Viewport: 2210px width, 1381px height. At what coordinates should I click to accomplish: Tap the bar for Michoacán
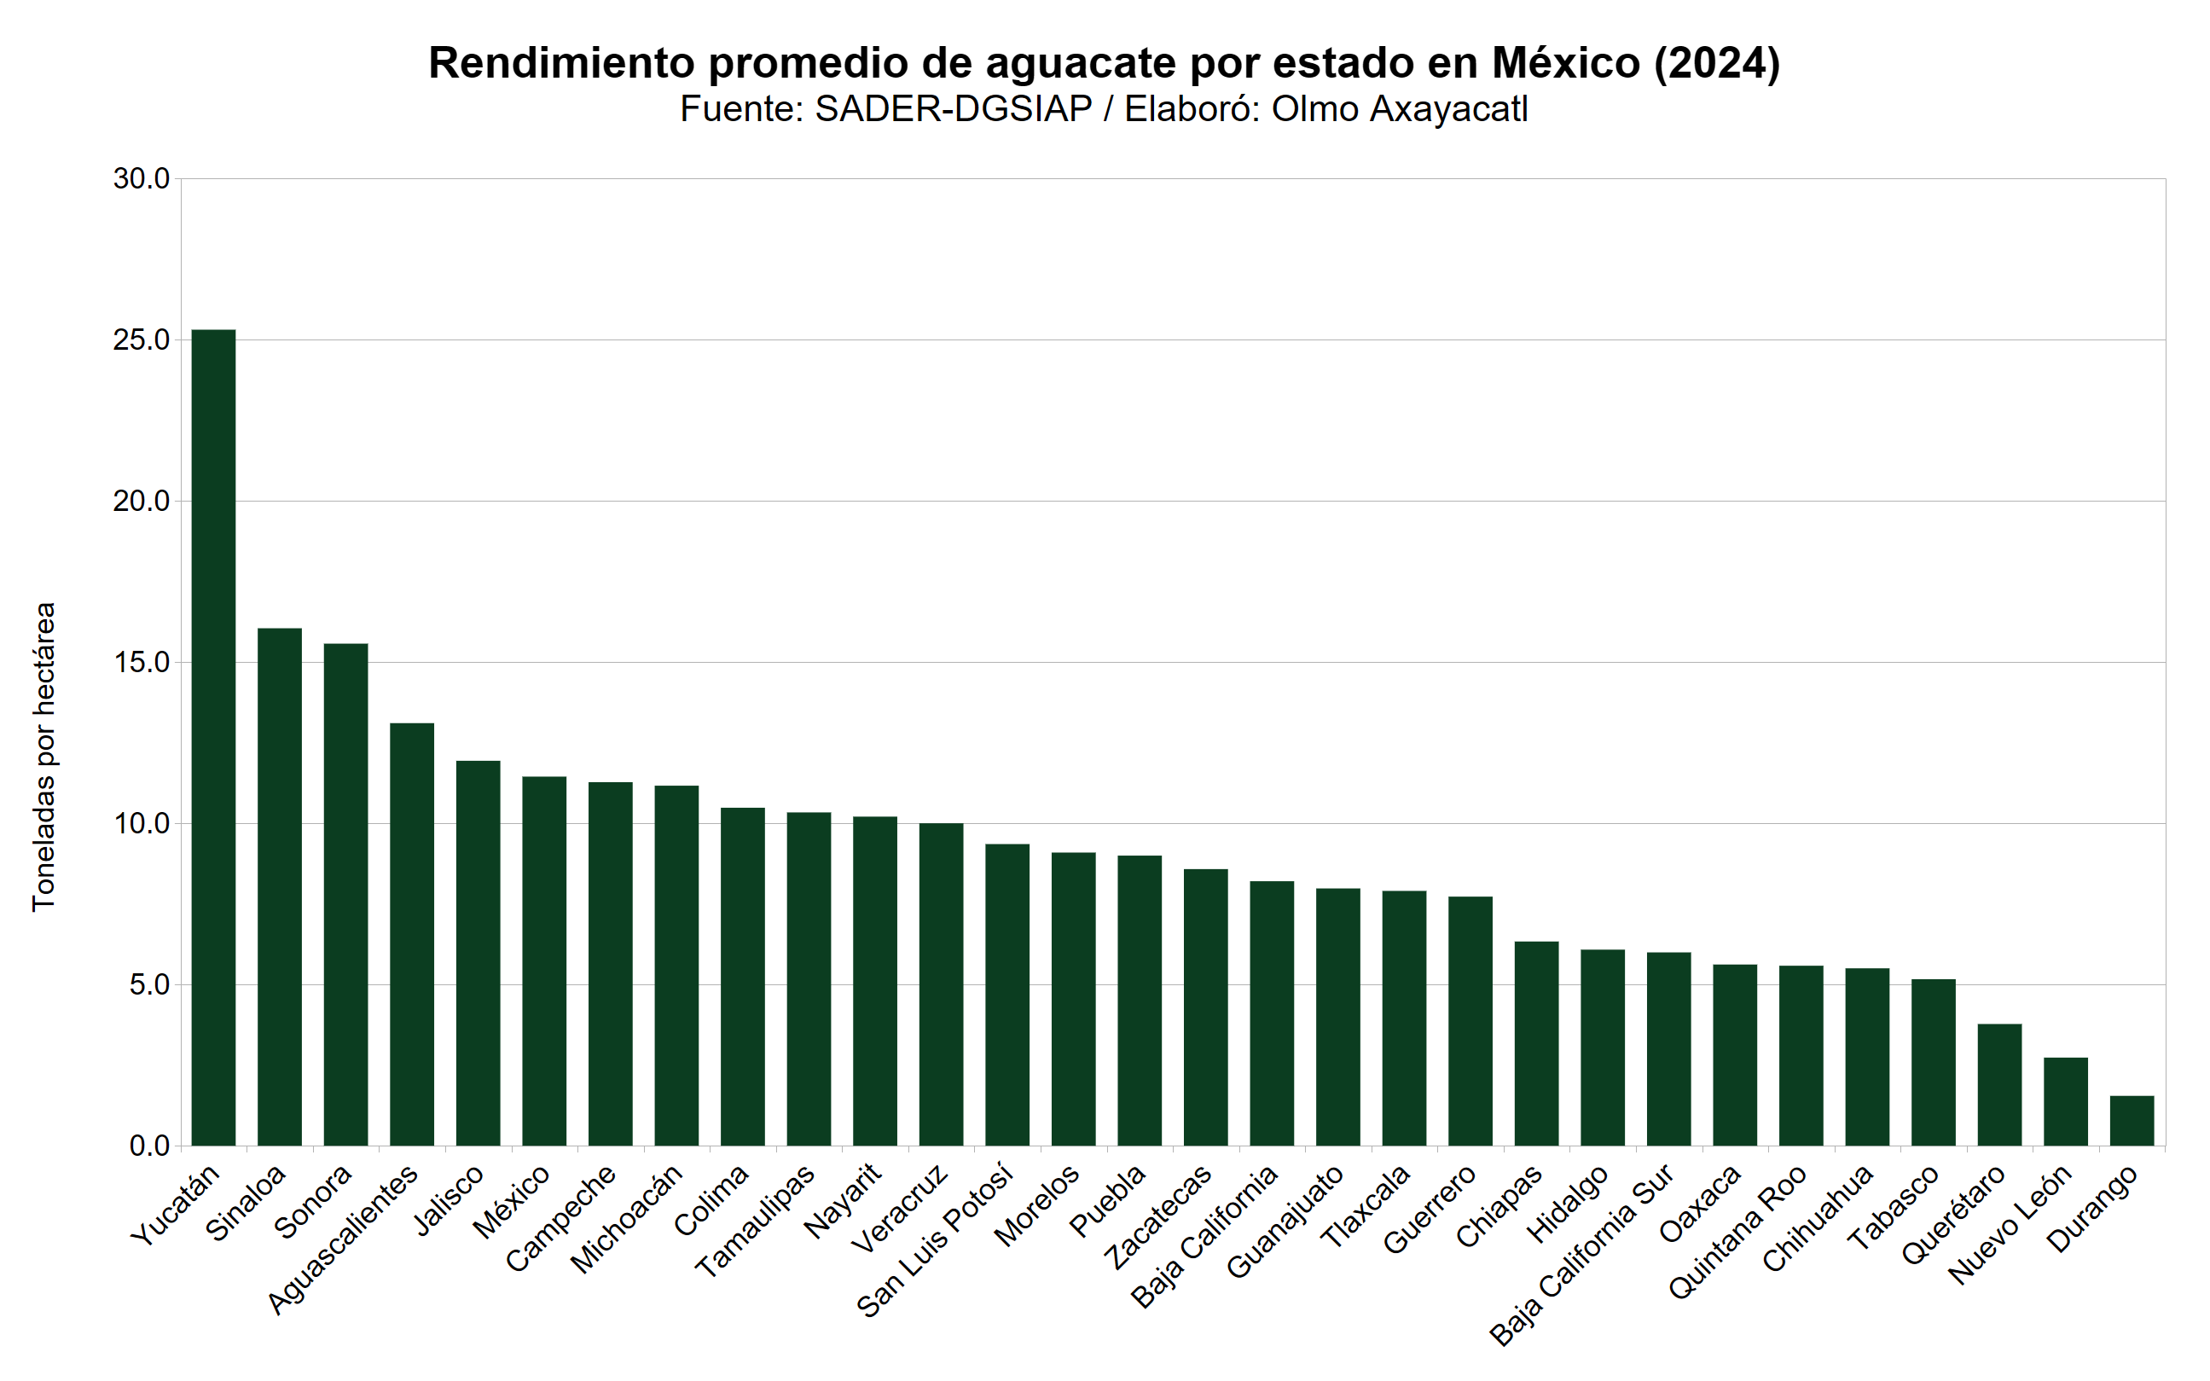[676, 966]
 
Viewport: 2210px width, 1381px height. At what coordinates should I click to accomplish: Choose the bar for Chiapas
[1536, 1043]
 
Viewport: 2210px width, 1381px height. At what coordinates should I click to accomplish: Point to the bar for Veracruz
[941, 984]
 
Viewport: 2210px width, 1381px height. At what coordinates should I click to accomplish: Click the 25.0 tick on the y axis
[142, 339]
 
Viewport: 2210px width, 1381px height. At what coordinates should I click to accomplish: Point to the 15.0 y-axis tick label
[142, 662]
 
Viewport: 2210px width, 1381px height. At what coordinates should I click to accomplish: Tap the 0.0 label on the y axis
[149, 1146]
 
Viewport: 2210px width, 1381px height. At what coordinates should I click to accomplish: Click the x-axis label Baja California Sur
[1581, 1255]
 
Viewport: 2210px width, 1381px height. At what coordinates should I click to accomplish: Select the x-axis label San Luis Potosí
[935, 1240]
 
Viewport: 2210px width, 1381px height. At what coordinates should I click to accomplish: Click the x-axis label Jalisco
[449, 1200]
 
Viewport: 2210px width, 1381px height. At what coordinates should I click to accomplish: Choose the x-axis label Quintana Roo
[1737, 1232]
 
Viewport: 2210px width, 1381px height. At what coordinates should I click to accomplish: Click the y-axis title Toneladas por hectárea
[44, 757]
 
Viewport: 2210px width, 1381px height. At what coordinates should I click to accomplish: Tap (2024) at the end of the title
[1716, 63]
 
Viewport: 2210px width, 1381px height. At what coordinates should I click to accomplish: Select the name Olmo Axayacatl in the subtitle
[1399, 109]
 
